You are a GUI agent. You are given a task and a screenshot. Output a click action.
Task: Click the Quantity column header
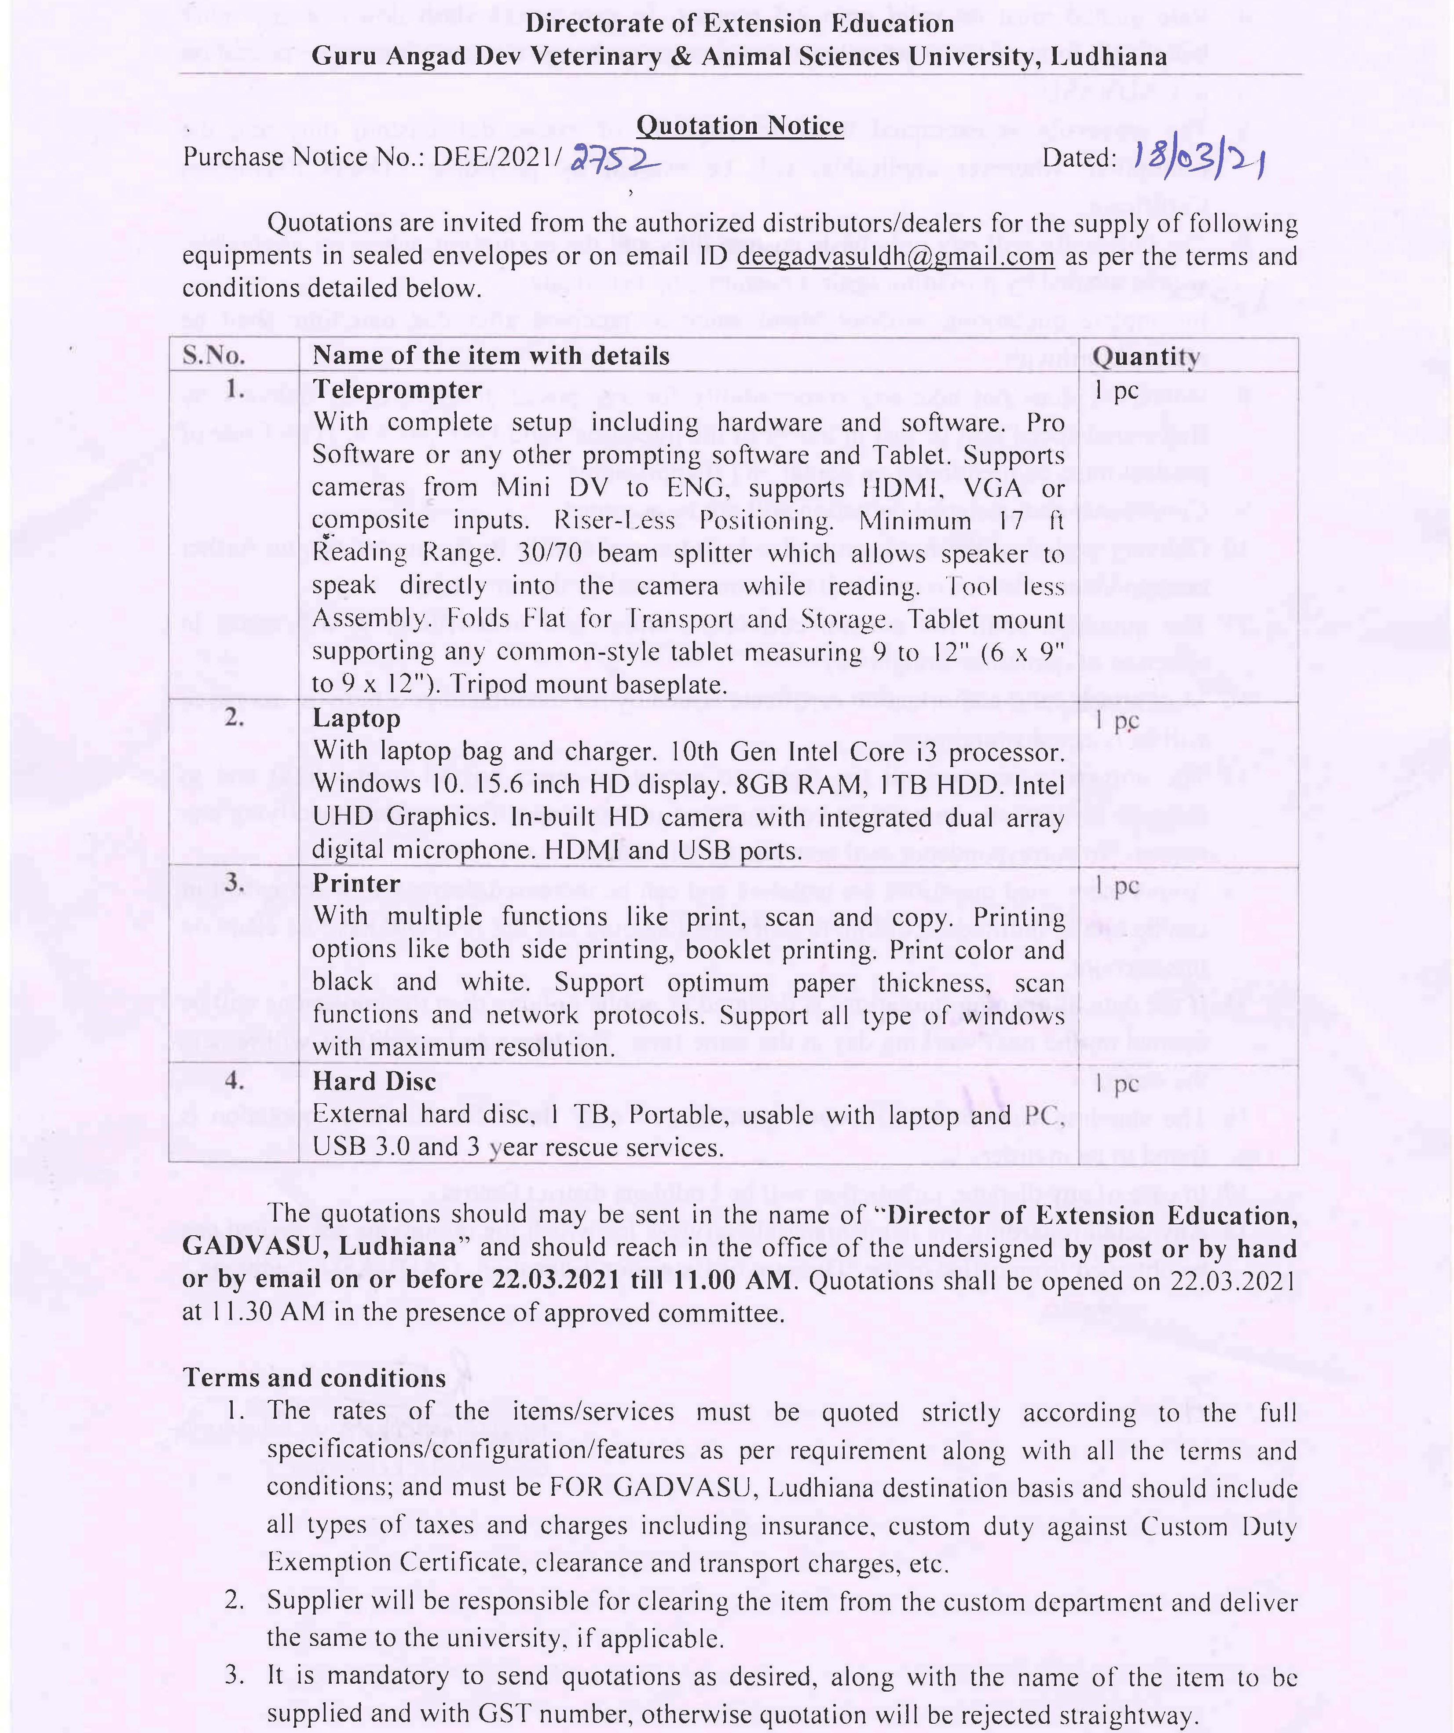[1145, 356]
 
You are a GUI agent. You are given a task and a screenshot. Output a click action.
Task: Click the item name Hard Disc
[374, 1081]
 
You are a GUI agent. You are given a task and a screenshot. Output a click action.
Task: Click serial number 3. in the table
[234, 882]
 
